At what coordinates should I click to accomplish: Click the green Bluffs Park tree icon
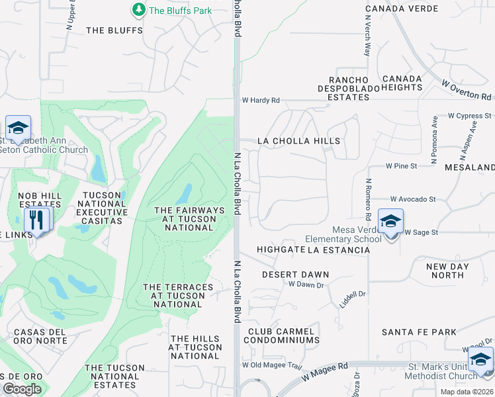(x=138, y=9)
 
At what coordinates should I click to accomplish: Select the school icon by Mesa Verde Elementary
(x=390, y=221)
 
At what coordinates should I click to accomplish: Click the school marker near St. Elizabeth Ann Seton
(x=18, y=128)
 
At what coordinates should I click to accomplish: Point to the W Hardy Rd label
(x=261, y=100)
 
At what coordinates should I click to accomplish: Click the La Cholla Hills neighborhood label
(x=298, y=141)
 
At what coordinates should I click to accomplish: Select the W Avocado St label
(x=413, y=198)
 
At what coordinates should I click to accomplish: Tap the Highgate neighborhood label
(x=281, y=249)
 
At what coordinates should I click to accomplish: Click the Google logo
(x=22, y=388)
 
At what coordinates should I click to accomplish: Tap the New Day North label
(x=445, y=271)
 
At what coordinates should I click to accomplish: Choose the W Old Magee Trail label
(x=271, y=365)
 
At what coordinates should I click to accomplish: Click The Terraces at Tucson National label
(x=178, y=296)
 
